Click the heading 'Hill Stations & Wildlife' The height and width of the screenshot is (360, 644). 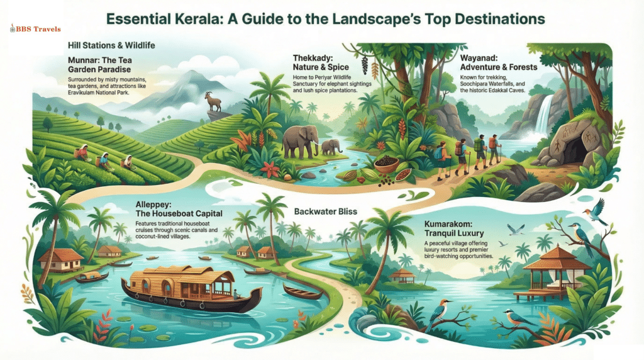coord(111,46)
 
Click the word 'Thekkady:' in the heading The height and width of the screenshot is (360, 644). coord(314,59)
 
